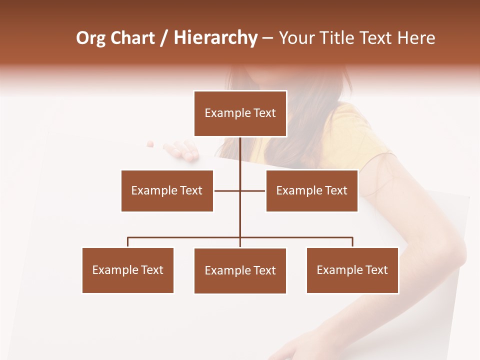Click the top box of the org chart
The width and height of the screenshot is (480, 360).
click(x=240, y=113)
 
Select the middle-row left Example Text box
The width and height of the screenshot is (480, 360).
click(x=167, y=190)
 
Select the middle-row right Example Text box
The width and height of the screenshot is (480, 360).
click(x=311, y=190)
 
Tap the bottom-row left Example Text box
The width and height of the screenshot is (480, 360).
click(x=127, y=270)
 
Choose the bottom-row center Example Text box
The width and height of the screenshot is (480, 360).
click(x=240, y=270)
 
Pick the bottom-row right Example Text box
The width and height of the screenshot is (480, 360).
click(x=352, y=270)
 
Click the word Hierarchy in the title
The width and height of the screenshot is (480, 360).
click(x=215, y=38)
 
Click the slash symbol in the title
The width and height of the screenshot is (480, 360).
click(x=164, y=38)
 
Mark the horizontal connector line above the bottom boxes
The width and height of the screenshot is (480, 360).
click(x=185, y=237)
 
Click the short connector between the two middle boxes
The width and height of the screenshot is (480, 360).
click(x=240, y=190)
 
